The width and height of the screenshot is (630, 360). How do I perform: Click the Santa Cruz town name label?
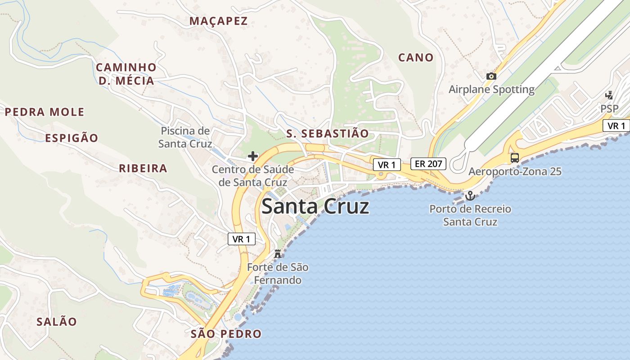click(315, 207)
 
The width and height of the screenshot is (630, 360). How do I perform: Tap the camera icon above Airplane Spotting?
click(491, 76)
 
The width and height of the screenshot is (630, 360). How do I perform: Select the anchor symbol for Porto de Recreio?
click(470, 196)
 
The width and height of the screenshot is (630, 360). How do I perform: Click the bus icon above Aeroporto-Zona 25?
click(515, 158)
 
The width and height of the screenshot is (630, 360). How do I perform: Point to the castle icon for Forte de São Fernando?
click(278, 254)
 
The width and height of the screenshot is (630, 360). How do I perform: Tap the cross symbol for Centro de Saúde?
click(253, 156)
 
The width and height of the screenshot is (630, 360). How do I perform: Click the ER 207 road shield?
click(428, 164)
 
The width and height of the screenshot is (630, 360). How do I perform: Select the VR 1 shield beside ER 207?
click(387, 165)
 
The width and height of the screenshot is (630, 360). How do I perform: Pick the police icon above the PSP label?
click(609, 95)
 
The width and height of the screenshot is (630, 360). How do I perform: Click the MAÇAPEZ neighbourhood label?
click(218, 21)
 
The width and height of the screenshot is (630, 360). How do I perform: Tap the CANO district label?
click(416, 58)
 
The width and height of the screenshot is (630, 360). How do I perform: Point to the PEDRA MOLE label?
click(45, 112)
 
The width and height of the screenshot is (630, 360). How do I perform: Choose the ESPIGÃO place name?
click(72, 138)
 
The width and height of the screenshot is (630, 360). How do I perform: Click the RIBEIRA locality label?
click(143, 169)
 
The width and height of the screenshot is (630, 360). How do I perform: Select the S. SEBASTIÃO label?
click(327, 134)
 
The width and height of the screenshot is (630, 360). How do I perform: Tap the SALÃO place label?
click(57, 322)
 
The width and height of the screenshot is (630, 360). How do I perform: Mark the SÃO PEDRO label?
click(226, 334)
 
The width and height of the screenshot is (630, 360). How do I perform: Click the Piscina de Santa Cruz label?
click(185, 137)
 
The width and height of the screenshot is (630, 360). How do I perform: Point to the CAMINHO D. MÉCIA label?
click(126, 74)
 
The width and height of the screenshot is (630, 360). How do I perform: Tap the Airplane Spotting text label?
click(491, 90)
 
